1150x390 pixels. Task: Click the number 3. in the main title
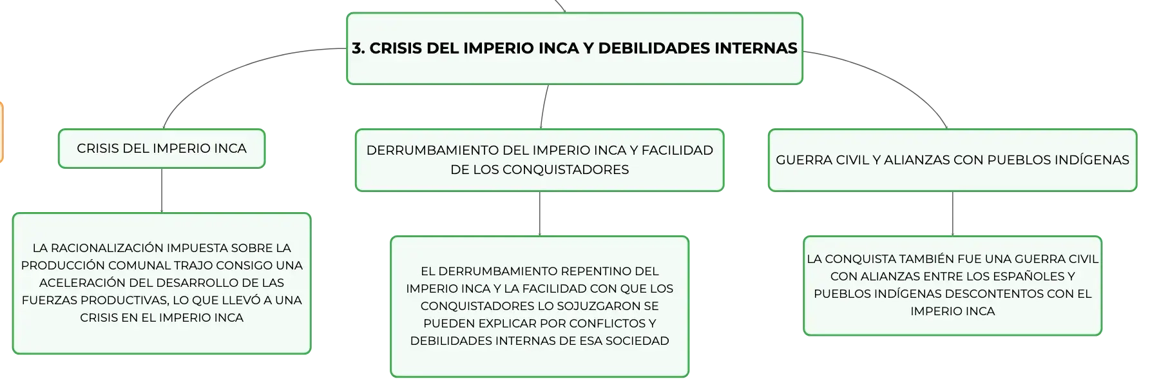point(358,48)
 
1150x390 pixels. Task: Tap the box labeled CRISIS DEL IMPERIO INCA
point(162,148)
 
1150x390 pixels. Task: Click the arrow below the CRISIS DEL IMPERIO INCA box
point(162,191)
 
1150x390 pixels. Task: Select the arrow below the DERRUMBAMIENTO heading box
point(540,214)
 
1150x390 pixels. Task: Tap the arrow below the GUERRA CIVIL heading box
point(953,214)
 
